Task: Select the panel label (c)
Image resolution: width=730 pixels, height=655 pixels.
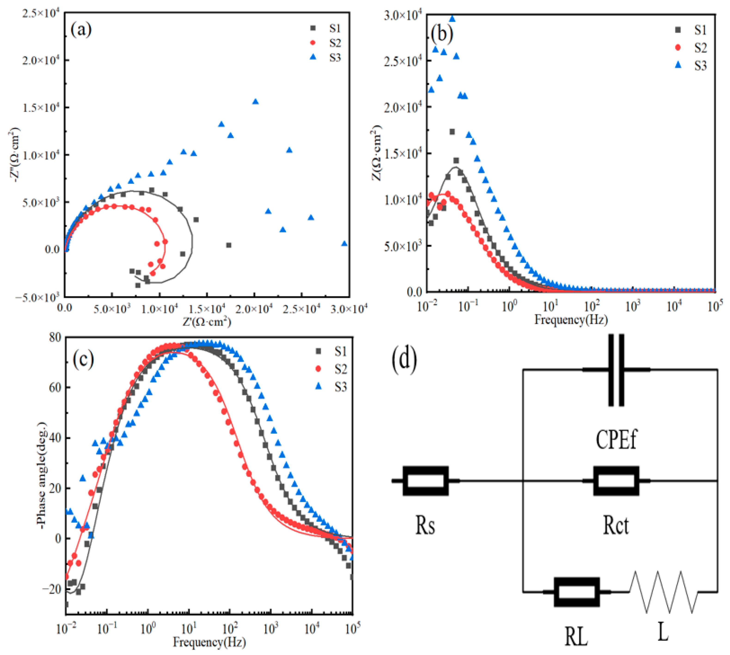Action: (x=83, y=359)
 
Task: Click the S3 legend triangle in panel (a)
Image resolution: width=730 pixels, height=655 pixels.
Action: (x=313, y=57)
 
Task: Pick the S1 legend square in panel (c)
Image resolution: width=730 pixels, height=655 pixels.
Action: (x=318, y=351)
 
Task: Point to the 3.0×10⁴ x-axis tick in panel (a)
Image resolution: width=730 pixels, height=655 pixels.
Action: (x=349, y=309)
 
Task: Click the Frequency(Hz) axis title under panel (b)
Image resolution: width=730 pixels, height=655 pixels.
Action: (x=571, y=320)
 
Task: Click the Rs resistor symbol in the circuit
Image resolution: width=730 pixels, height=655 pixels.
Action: (x=425, y=481)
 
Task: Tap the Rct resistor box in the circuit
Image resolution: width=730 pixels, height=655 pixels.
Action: (x=616, y=481)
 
